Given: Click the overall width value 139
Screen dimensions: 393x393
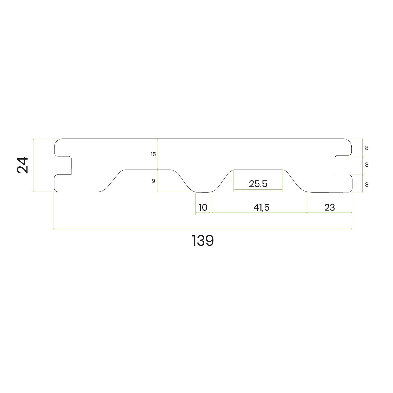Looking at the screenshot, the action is pos(203,241).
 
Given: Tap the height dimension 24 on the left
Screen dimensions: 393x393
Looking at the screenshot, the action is pos(22,165).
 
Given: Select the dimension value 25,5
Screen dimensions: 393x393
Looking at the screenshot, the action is pos(258,184).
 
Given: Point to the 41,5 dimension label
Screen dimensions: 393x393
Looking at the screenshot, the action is pos(261,208).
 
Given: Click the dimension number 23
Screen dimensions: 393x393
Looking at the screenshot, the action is pos(330,208).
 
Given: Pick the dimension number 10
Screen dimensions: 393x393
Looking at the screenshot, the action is pos(203,208).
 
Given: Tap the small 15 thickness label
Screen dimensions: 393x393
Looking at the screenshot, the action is pos(153,154).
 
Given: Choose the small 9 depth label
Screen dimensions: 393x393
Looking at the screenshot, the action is pos(154,181).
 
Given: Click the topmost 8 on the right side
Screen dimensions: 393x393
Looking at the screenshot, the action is pos(367,148).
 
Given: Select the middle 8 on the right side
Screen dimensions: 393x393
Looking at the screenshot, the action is pos(367,165).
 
